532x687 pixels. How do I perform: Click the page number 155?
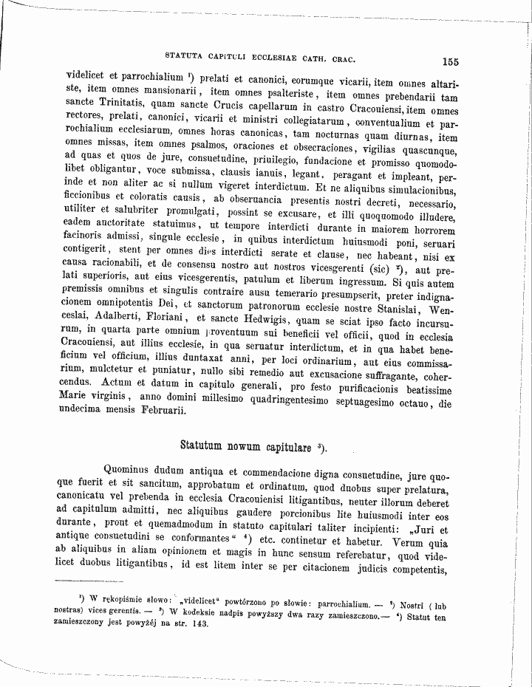coord(451,63)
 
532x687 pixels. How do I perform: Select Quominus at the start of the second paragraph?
coord(129,468)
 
